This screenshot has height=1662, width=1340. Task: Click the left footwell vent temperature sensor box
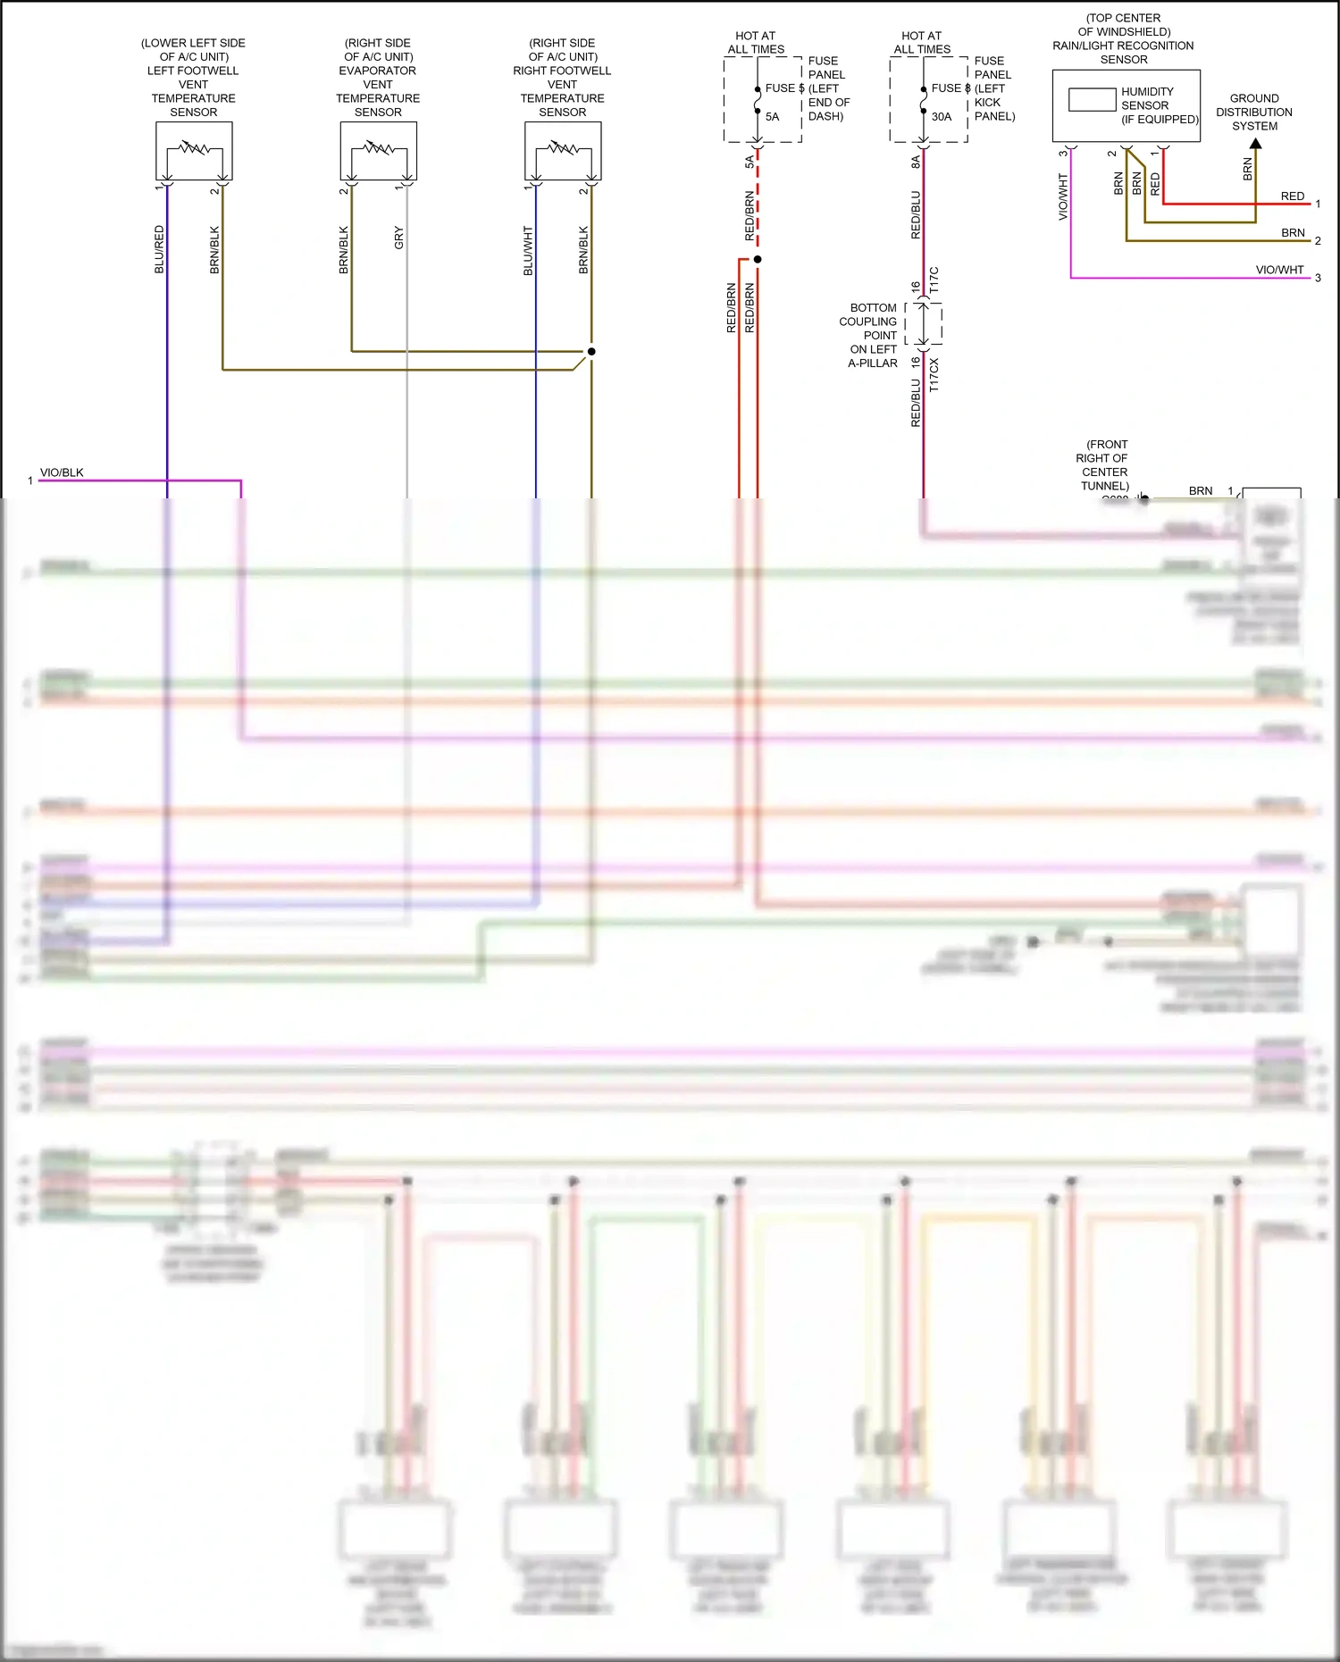[x=194, y=151]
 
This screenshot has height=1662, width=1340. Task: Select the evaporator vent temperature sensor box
[x=378, y=151]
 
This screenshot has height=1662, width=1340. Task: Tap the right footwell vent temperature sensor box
[x=563, y=151]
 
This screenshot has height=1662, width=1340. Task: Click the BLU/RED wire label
[x=159, y=249]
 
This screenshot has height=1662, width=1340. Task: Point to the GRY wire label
[x=398, y=238]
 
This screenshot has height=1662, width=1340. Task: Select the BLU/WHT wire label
[x=528, y=250]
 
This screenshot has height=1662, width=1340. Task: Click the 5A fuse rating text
[x=772, y=116]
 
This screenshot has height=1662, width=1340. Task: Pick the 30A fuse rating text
[x=942, y=116]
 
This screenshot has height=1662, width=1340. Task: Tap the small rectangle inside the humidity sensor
[x=1092, y=99]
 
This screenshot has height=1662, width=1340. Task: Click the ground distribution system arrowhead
[x=1255, y=143]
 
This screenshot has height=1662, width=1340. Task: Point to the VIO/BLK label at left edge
[x=62, y=472]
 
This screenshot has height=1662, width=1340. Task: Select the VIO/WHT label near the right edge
[x=1279, y=270]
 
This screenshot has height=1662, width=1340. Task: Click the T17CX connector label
[x=934, y=375]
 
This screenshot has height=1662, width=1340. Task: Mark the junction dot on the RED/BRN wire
[x=758, y=259]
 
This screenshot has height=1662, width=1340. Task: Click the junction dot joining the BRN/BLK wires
[x=591, y=351]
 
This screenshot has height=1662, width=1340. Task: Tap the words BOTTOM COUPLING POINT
[x=872, y=322]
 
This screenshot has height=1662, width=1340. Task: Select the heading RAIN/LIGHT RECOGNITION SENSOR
[x=1123, y=46]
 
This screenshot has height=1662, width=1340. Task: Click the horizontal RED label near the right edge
[x=1292, y=196]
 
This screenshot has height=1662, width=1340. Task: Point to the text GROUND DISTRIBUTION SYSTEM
[x=1254, y=112]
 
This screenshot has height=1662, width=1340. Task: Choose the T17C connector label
[x=934, y=280]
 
